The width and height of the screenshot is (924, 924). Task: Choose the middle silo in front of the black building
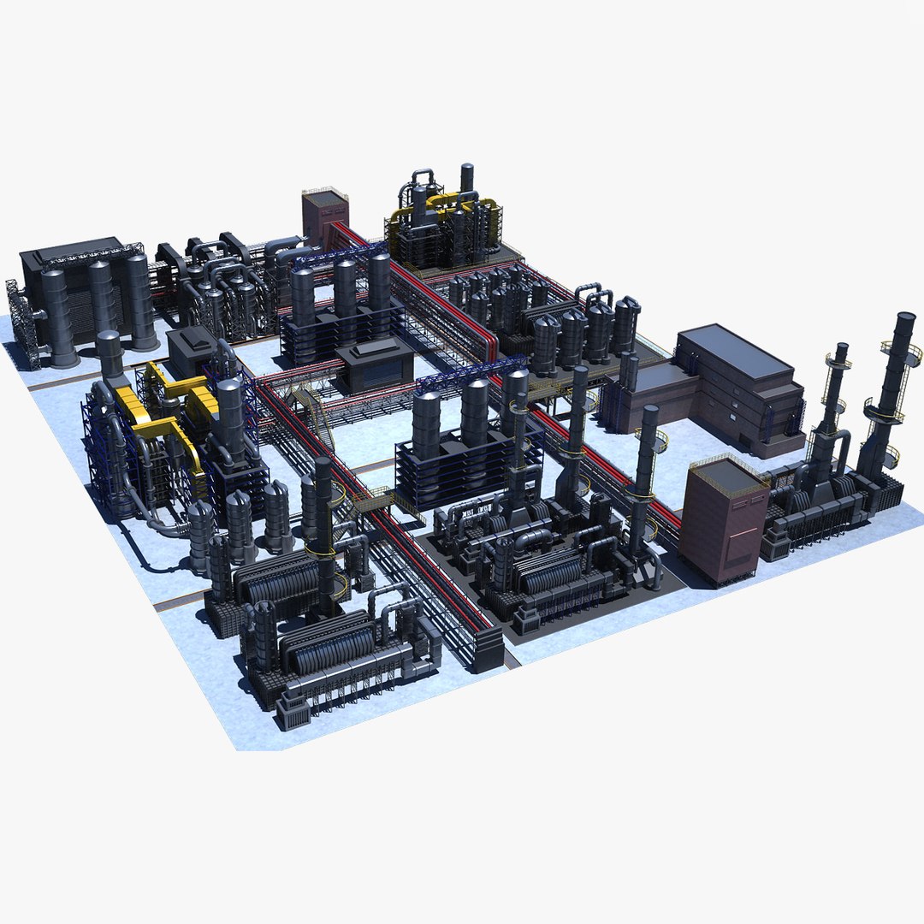click(x=100, y=299)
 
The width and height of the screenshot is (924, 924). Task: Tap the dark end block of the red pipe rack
click(x=489, y=650)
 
